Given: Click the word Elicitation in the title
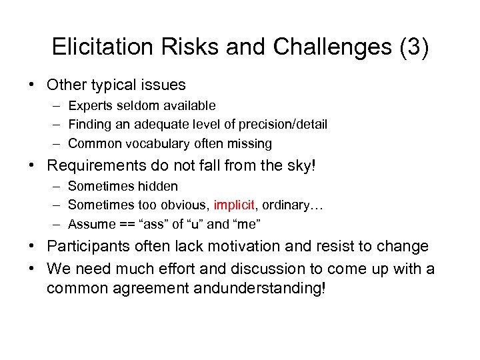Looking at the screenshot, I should point(100,47).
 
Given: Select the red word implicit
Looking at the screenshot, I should point(235,205).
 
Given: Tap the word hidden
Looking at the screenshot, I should point(159,186).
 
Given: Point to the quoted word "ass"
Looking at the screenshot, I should point(153,224).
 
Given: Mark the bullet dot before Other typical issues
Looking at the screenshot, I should point(31,85).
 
